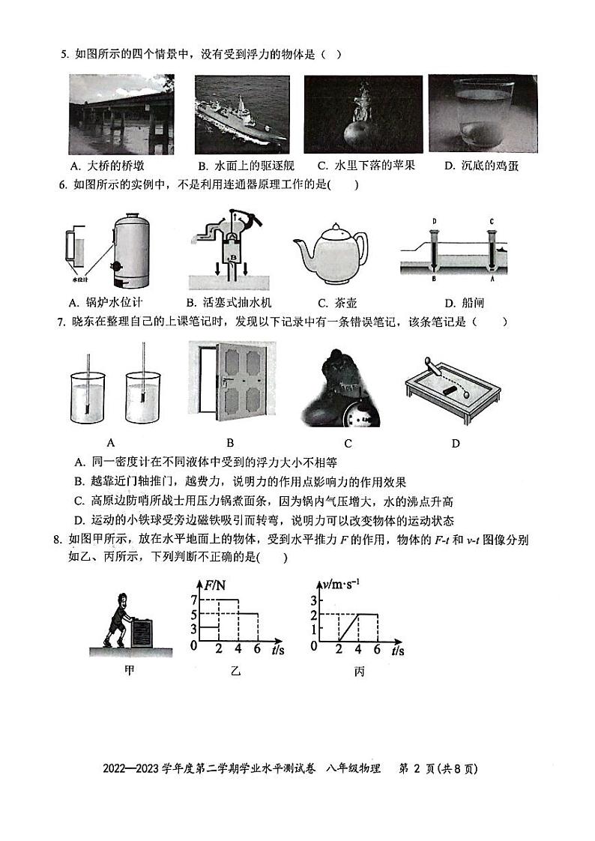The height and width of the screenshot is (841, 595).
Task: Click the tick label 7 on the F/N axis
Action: click(x=193, y=600)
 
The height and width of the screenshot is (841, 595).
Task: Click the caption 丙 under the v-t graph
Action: click(x=359, y=672)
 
